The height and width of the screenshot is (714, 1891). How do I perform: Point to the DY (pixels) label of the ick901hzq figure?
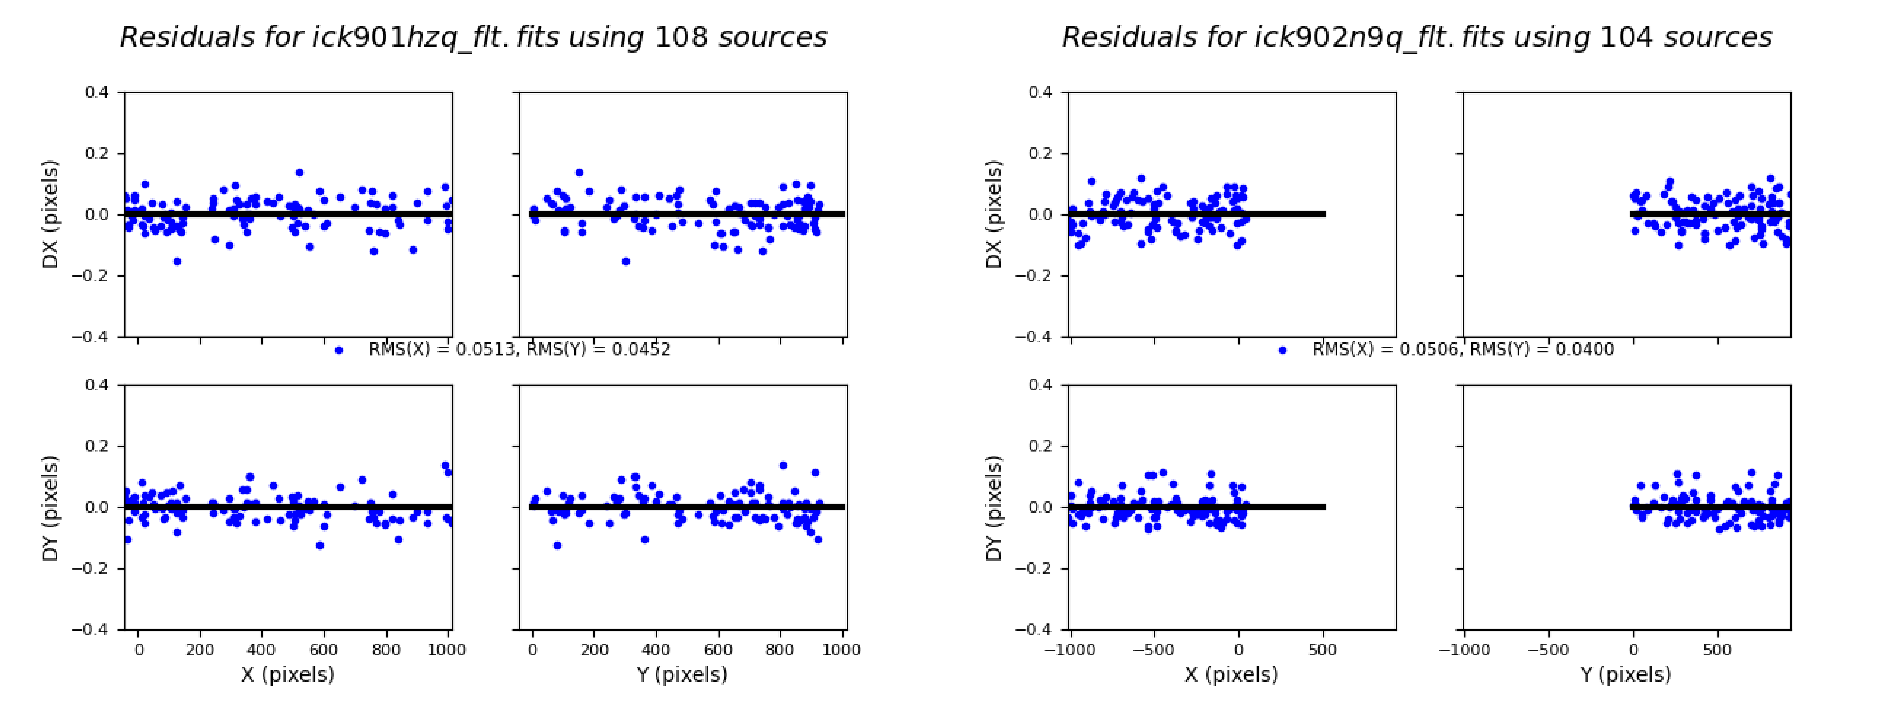50,508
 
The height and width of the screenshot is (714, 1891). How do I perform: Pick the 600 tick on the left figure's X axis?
324,649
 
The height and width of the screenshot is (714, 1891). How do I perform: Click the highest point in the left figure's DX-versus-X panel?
299,173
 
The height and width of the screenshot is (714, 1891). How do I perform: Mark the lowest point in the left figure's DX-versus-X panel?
177,261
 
